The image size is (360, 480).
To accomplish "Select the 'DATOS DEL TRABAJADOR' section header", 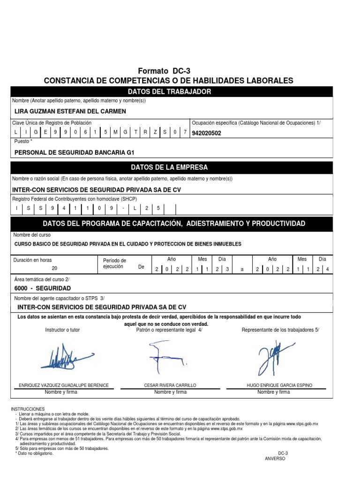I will pos(169,91).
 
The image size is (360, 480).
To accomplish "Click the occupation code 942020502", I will pos(207,133).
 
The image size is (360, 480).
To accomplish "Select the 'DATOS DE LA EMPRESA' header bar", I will pos(169,167).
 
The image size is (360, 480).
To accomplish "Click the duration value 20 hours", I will pos(54,268).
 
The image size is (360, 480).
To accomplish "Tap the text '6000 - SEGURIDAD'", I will pos(43,288).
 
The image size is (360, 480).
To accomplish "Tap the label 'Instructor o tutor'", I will pos(62,330).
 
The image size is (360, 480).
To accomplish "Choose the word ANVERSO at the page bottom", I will pos(275,458).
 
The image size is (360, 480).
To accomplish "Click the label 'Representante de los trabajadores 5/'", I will pos(280,330).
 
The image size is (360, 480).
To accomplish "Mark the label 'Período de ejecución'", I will pos(114,263).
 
